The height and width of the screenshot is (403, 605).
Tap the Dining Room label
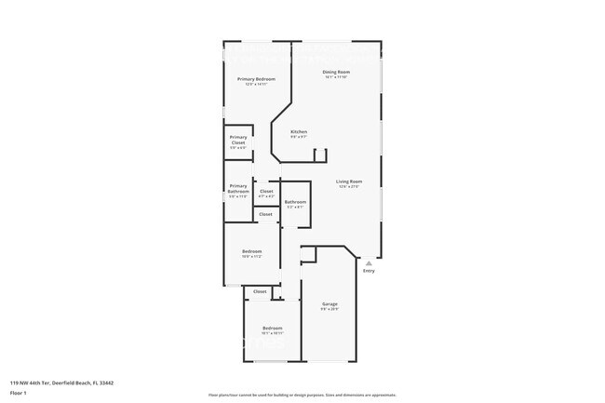point(336,72)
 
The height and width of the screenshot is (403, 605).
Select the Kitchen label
point(299,131)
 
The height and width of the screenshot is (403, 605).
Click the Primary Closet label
point(238,141)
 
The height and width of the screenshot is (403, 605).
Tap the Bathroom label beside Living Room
point(295,201)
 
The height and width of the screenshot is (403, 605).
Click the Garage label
point(329,304)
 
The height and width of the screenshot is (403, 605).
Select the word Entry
point(369,271)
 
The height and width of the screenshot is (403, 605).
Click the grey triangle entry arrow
point(369,263)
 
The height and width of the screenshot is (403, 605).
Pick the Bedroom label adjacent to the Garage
point(272,328)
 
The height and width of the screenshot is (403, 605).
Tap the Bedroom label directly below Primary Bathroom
point(251,251)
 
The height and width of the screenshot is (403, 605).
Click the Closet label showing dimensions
point(266,191)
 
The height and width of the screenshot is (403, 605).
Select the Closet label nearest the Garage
point(260,291)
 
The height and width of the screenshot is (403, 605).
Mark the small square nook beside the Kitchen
point(320,154)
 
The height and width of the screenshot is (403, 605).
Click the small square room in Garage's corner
point(308,254)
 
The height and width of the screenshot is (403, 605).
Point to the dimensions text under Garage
point(329,310)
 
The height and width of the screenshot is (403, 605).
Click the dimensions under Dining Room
point(336,77)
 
